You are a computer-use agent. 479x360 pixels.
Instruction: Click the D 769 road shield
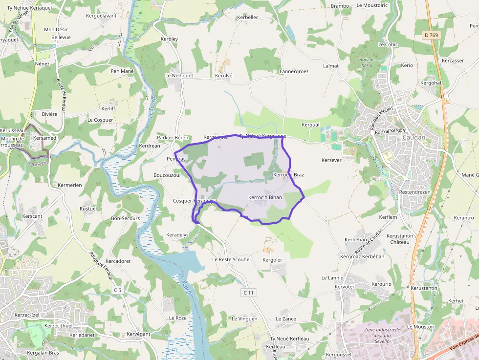coord(432,35)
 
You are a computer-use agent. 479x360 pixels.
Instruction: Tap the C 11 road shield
coord(249,293)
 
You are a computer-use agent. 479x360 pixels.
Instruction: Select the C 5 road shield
coord(117,290)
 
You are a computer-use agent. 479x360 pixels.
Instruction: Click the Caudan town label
coord(414,137)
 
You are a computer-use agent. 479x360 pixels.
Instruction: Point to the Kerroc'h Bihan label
coord(265,197)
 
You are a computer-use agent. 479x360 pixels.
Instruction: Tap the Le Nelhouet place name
coord(179,76)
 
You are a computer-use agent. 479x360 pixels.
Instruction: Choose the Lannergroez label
coord(294,71)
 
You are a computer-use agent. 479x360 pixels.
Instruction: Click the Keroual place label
coord(310,125)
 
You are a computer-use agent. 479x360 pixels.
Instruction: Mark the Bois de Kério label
coord(366,62)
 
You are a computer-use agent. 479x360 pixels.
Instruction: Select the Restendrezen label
coord(414,192)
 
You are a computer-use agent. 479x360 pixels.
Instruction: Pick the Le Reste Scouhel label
coord(231,259)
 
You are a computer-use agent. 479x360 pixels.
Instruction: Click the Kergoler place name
coord(272,259)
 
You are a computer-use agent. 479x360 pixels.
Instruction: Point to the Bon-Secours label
coord(126,218)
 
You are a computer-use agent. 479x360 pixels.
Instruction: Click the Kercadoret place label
coord(118,261)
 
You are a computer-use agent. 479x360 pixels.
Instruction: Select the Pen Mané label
coord(122,71)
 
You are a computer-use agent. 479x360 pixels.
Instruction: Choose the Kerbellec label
coord(247,17)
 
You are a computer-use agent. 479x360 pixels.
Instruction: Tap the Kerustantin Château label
coord(400,239)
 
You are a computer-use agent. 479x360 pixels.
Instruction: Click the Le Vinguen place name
coord(244,318)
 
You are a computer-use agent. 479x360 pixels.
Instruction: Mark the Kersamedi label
coord(45,138)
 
